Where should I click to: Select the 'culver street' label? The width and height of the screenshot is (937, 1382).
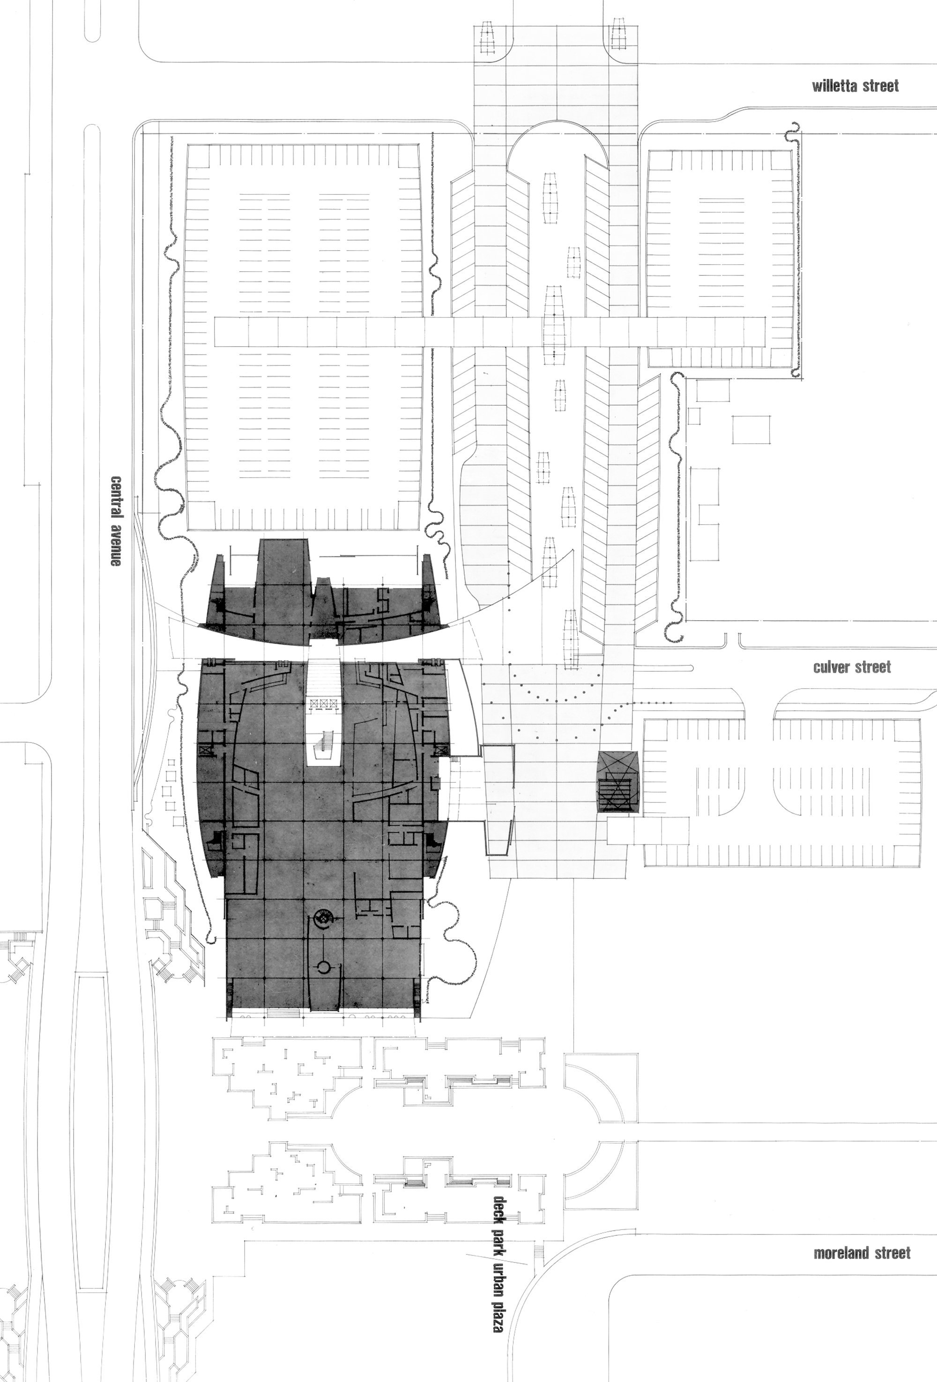point(852,667)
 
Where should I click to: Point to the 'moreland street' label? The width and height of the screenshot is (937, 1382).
point(862,1253)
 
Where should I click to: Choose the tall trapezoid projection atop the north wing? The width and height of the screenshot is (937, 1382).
point(283,562)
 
